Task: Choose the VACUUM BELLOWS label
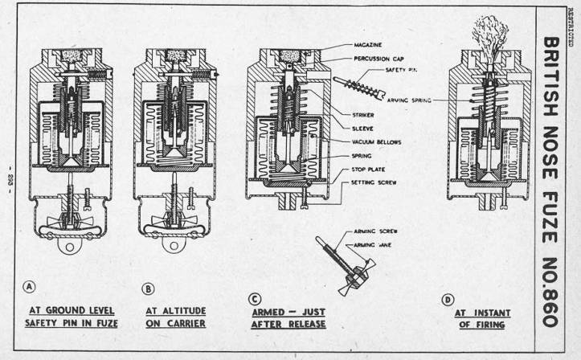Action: pos(374,141)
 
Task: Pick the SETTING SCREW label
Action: pos(374,182)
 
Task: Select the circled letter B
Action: pos(148,288)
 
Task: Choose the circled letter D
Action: pos(447,301)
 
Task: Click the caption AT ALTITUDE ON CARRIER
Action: pos(176,317)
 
